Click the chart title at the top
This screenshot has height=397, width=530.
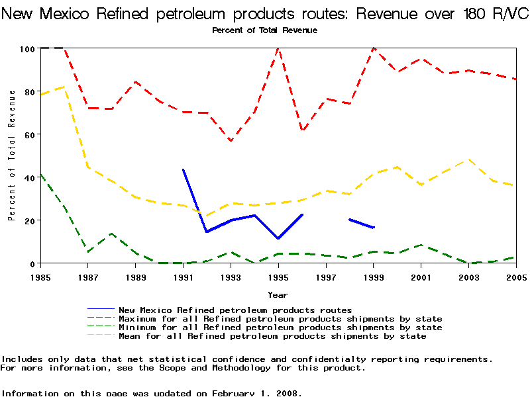265,14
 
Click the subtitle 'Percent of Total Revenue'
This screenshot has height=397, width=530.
264,30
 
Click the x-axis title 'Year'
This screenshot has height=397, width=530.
278,294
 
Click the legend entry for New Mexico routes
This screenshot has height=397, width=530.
235,310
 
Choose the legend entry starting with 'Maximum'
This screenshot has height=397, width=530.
280,319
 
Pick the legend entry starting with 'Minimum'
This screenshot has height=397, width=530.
280,328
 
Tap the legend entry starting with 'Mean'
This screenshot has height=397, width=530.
272,336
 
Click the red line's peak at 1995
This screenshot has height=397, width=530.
278,48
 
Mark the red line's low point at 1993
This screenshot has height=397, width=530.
231,141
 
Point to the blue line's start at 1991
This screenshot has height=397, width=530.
183,169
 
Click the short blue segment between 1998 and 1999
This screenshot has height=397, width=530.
362,224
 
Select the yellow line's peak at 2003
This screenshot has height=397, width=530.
468,159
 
